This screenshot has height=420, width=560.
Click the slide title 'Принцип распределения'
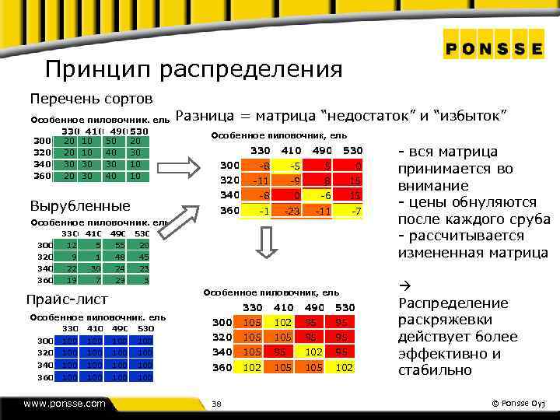tap(194, 69)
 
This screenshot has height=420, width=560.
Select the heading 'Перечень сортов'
tap(91, 100)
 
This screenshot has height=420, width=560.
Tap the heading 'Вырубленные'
tap(79, 206)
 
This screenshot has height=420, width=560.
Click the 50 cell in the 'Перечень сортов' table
tap(111, 141)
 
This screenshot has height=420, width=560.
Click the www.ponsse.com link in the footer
tap(65, 404)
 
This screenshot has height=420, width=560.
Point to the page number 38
tap(217, 404)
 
